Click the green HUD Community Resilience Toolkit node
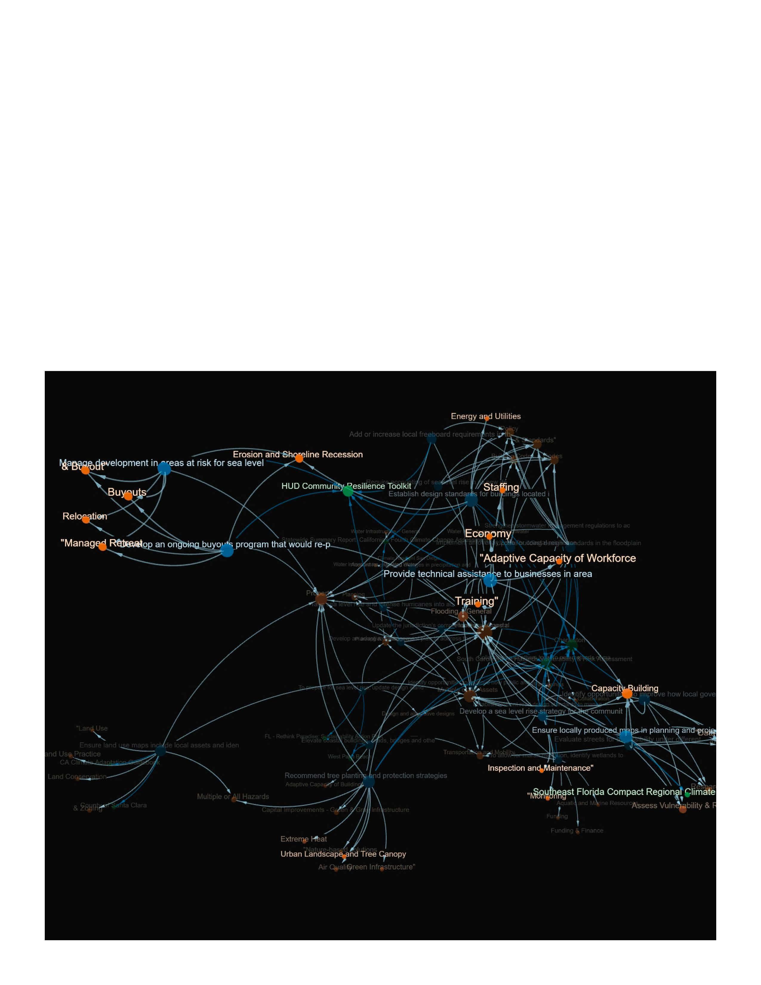coord(348,491)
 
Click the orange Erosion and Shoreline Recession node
coord(299,459)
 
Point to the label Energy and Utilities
coord(486,416)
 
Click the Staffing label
coord(501,487)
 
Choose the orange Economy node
coord(489,537)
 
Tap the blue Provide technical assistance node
coord(490,581)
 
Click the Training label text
coord(476,601)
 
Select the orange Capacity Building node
coord(627,694)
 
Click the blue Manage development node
coord(164,469)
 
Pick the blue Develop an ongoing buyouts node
coord(227,550)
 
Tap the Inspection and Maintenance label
coord(540,768)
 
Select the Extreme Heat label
coord(304,839)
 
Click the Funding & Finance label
coord(577,830)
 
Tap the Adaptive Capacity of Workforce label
coord(558,558)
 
